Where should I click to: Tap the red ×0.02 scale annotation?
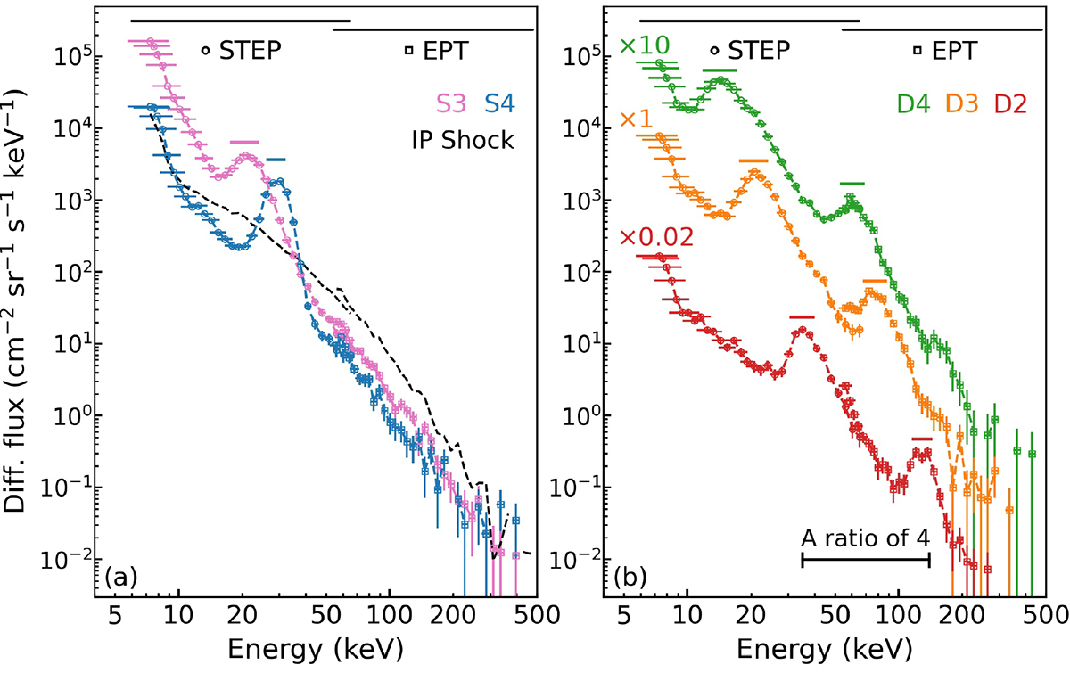click(656, 237)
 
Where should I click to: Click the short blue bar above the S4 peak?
click(276, 160)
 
